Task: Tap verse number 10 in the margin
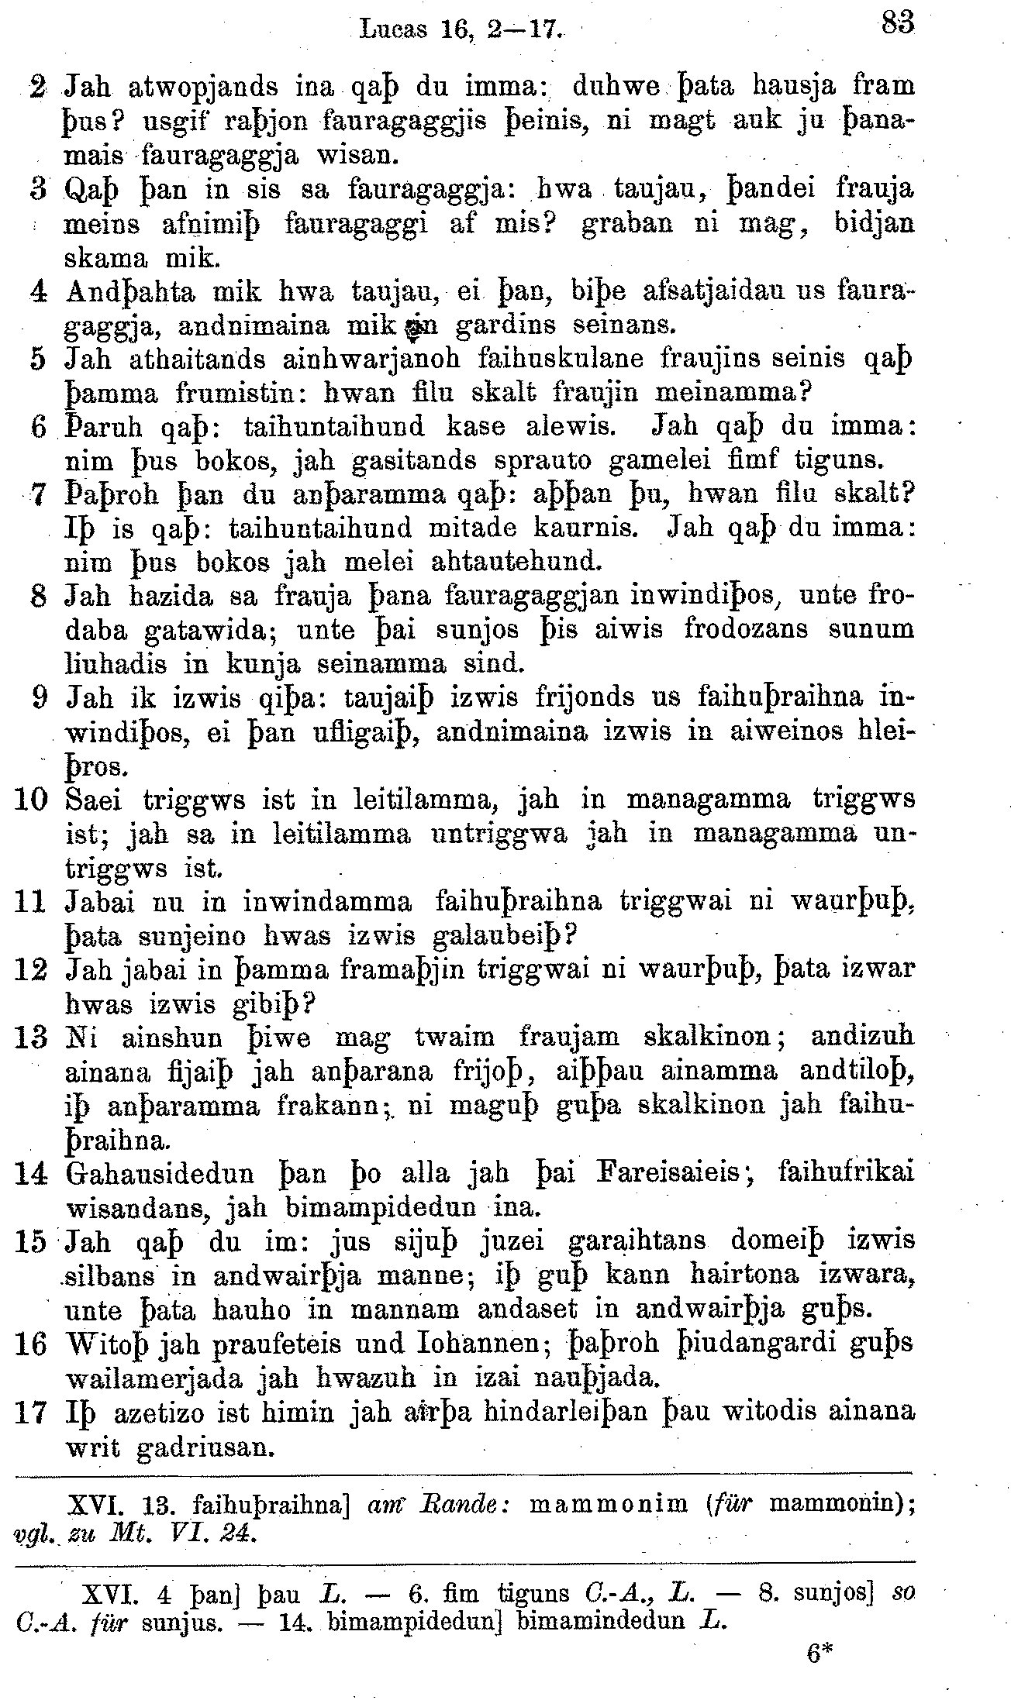coord(30,798)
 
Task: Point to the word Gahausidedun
coord(160,1172)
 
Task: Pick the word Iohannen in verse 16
coord(474,1343)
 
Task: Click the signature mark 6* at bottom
coord(819,1653)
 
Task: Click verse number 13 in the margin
coord(30,1037)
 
